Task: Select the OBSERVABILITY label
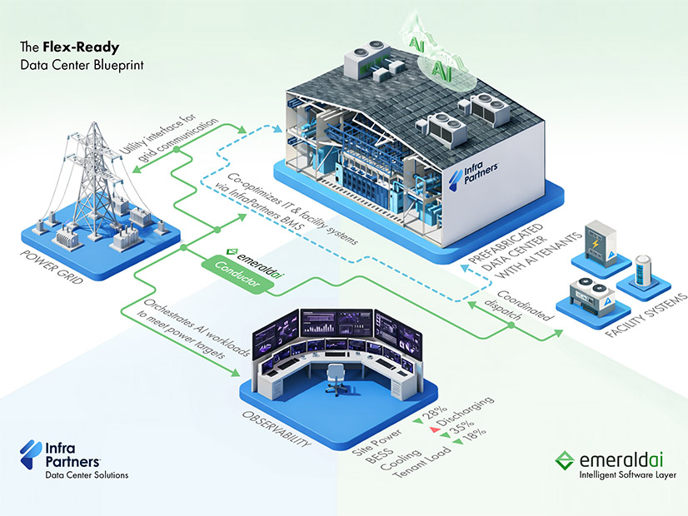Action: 276,425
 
